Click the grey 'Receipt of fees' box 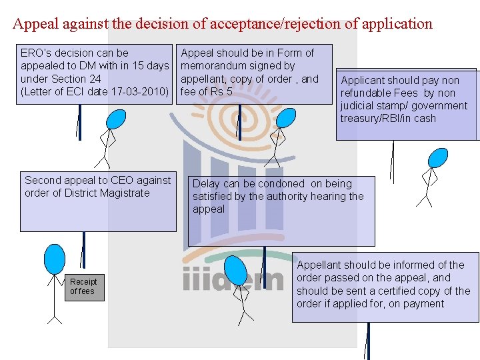(84, 287)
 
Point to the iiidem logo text (233, 279)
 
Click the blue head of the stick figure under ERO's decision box (117, 119)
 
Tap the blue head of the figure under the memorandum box (285, 118)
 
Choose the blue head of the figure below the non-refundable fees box (437, 158)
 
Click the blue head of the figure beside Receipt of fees (54, 259)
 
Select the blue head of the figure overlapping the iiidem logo (235, 269)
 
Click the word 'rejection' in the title (313, 24)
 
